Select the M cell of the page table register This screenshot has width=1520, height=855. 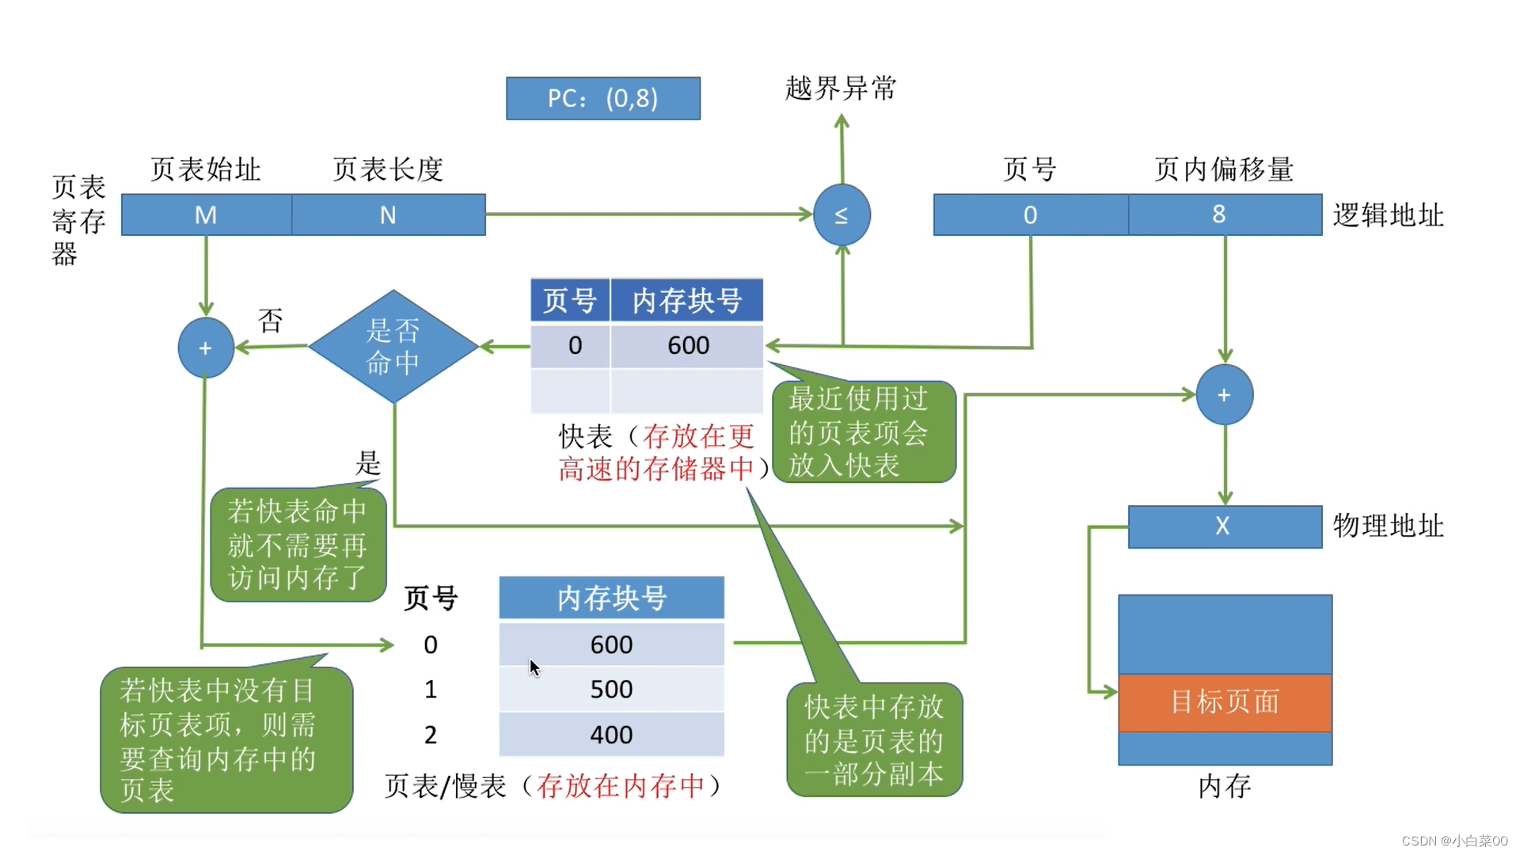point(207,215)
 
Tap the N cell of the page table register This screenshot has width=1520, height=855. point(389,215)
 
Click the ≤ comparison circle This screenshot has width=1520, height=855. point(842,215)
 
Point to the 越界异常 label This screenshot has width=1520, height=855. point(840,88)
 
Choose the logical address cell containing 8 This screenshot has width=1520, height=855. point(1225,215)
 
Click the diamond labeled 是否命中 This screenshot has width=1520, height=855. point(393,347)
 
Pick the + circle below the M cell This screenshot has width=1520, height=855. point(206,348)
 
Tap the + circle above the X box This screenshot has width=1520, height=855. point(1225,394)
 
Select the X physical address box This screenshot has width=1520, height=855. point(1225,526)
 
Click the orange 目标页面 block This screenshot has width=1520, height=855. point(1225,702)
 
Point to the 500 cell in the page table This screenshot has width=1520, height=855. point(611,689)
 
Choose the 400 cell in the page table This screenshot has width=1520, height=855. point(611,734)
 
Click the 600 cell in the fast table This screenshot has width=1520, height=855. point(687,345)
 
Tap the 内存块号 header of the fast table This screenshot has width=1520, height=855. point(687,301)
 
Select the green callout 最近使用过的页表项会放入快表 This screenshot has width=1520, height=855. point(864,431)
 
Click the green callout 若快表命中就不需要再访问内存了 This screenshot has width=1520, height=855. point(298,545)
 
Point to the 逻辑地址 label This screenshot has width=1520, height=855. point(1388,215)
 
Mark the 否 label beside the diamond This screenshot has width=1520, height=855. point(271,321)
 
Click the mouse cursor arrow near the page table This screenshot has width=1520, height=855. point(534,667)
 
